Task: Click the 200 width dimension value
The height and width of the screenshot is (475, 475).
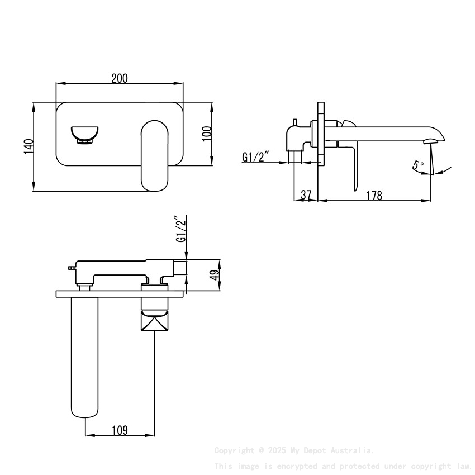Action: click(119, 78)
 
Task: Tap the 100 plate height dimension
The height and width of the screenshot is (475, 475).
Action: click(206, 134)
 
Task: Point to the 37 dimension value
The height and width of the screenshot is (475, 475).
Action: click(306, 195)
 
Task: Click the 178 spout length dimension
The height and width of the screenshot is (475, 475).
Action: click(374, 195)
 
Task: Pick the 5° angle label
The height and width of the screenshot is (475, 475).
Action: click(418, 166)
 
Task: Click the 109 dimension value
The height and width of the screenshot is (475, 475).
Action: click(120, 430)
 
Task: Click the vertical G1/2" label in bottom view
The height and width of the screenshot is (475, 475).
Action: click(180, 230)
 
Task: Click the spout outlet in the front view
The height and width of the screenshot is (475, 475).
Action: click(84, 135)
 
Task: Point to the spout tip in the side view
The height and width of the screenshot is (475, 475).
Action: click(434, 137)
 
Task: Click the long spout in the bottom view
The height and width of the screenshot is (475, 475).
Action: click(84, 358)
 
